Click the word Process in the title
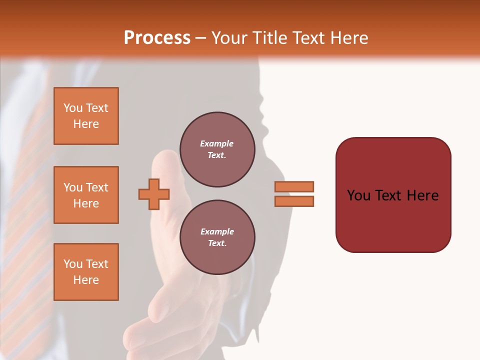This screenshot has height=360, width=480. pos(157,38)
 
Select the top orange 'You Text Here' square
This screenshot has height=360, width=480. pos(86,116)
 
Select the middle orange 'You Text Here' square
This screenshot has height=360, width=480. pos(86,195)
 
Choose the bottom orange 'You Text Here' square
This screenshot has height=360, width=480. pos(86,272)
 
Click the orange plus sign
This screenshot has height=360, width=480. pos(154,194)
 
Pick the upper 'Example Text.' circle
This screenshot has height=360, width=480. pos(217,149)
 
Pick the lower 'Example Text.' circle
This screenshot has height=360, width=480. pos(217,237)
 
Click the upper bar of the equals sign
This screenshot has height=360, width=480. pos(294,186)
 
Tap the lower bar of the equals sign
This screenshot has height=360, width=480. pos(294,201)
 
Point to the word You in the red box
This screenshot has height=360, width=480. pos(359,195)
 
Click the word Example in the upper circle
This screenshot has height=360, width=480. pos(216,143)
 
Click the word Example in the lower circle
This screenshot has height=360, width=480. pos(216,231)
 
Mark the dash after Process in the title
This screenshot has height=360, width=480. pos(200,38)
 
